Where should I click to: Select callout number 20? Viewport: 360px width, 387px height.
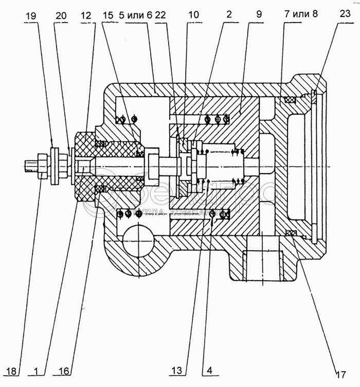[62, 16]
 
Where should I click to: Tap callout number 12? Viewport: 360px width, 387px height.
[85, 16]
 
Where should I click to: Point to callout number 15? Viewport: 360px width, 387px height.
[107, 16]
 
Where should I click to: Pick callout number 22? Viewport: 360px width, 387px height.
[160, 16]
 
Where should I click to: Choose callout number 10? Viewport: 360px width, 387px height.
[193, 16]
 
